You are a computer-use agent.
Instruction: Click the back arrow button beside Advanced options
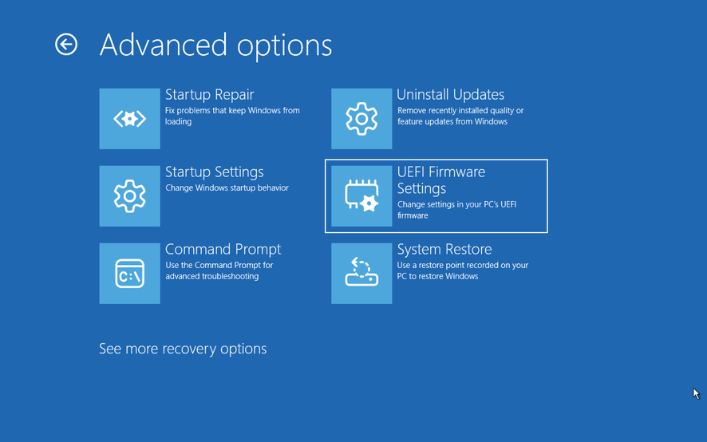pos(66,44)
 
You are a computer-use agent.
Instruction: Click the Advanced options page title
pos(215,45)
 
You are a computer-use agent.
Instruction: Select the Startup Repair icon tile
pos(130,119)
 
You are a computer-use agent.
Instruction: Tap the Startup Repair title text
pos(210,95)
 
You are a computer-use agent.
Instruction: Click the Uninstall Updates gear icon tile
pos(361,119)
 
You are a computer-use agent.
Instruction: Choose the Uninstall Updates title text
pos(450,95)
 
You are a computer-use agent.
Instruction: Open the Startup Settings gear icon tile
pos(130,195)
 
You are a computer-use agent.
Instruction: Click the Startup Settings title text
pos(214,172)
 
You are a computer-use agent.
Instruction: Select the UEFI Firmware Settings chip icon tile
pos(361,195)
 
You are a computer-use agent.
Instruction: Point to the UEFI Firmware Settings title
pos(441,180)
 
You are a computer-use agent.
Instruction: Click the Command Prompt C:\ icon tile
pos(130,274)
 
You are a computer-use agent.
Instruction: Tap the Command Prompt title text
pos(223,250)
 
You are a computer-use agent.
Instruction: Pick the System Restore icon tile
pos(361,274)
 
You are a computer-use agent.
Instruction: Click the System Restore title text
pos(444,250)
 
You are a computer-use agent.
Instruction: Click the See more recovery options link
pos(183,349)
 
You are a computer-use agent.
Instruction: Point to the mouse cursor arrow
pos(696,393)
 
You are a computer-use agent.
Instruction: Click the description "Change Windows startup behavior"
pos(227,187)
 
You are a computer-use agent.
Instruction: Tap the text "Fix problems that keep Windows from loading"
pos(232,116)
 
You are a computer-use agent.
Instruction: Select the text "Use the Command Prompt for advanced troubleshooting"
pos(219,270)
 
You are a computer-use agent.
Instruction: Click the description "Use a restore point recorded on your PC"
pos(463,270)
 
